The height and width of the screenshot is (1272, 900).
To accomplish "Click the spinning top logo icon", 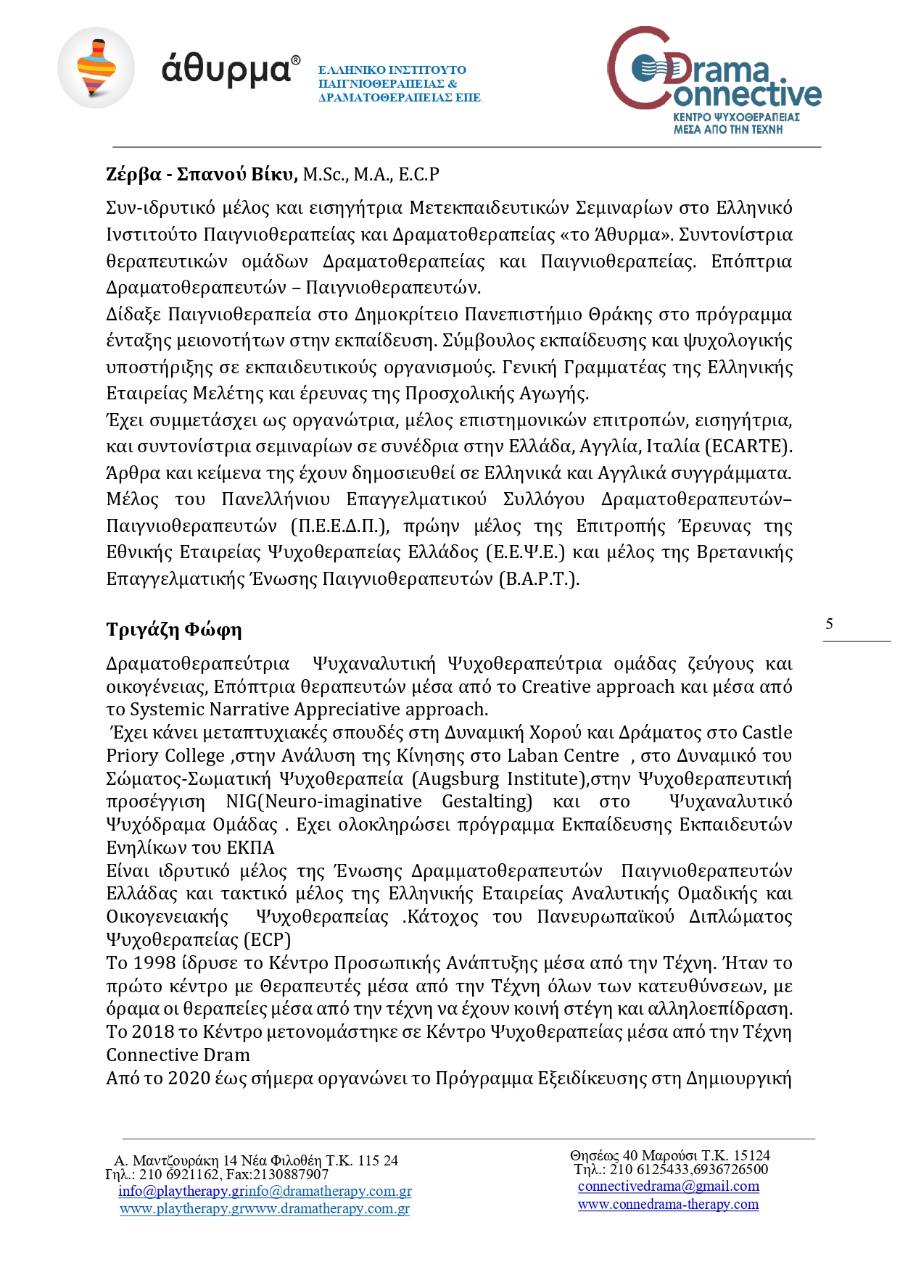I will pyautogui.click(x=96, y=68).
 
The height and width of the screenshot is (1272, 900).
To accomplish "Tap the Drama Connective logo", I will pyautogui.click(x=714, y=80).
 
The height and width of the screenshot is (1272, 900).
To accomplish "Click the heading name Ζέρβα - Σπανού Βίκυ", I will pyautogui.click(x=202, y=175).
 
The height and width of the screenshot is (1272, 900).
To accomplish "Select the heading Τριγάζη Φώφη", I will pyautogui.click(x=174, y=629).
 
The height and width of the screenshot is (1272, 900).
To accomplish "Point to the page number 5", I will pyautogui.click(x=829, y=624).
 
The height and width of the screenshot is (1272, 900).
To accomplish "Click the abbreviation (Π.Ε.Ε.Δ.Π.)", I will pyautogui.click(x=339, y=526).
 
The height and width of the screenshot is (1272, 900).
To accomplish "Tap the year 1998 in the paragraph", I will pyautogui.click(x=152, y=963).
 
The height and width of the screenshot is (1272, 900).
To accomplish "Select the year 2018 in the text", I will pyautogui.click(x=152, y=1032).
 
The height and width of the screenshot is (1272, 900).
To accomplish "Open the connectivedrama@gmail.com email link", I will pyautogui.click(x=668, y=1186).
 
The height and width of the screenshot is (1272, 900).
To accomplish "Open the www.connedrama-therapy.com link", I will pyautogui.click(x=668, y=1205).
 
